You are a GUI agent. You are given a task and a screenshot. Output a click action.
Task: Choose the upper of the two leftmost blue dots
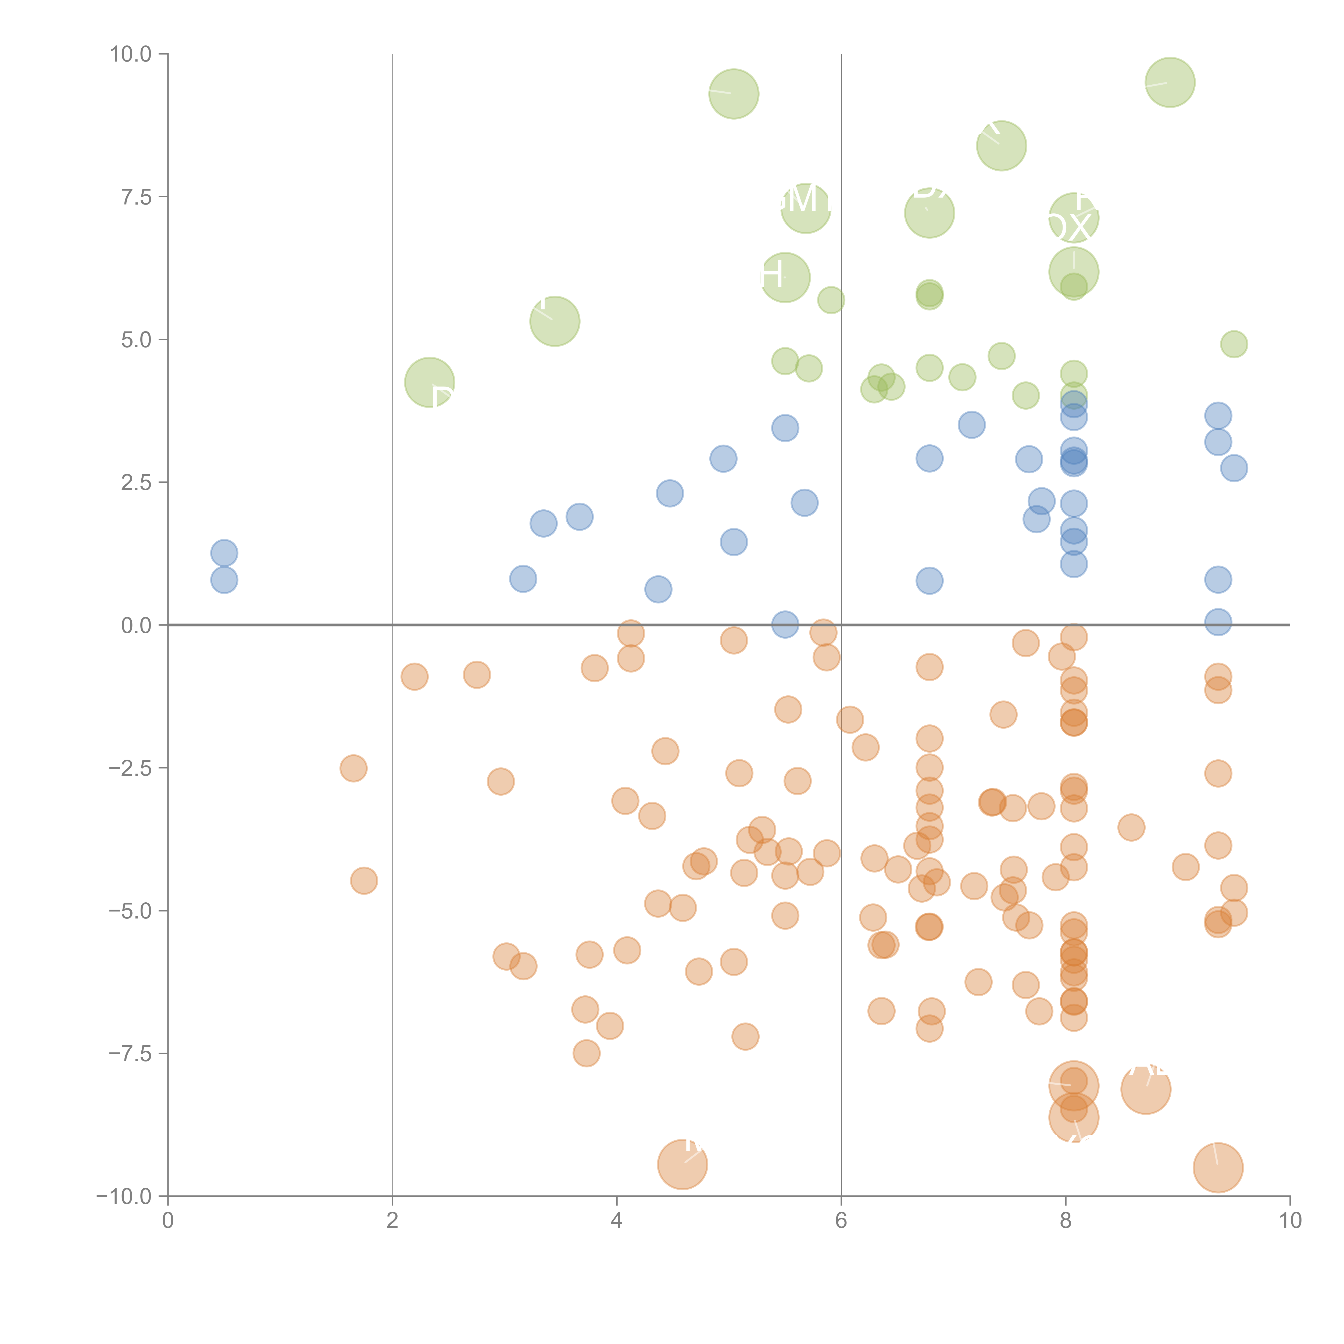224,553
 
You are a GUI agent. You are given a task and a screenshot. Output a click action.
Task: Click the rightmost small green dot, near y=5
1234,344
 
